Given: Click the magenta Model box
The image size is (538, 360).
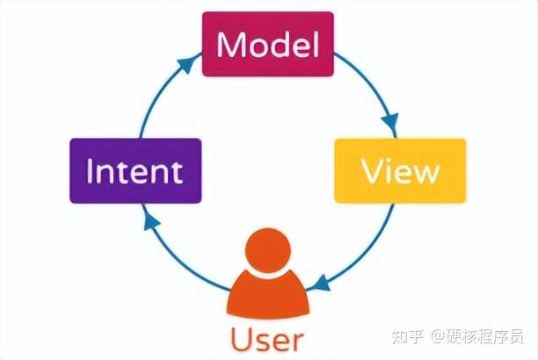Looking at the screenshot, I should tap(267, 44).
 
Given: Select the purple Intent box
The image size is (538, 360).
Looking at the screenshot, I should tap(135, 170).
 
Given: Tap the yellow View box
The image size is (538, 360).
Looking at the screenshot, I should tap(400, 170).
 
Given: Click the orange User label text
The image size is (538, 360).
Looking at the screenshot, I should tap(267, 339).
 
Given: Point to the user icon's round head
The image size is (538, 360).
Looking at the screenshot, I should tap(267, 251).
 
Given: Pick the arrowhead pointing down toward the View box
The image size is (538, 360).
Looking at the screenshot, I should tap(390, 120).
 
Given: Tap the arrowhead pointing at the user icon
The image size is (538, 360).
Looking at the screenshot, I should tap(323, 284).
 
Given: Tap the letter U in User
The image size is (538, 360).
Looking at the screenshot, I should tap(242, 339).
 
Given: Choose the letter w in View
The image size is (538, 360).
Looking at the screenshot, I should tap(425, 173).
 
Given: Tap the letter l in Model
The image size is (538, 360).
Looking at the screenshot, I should tap(314, 44).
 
